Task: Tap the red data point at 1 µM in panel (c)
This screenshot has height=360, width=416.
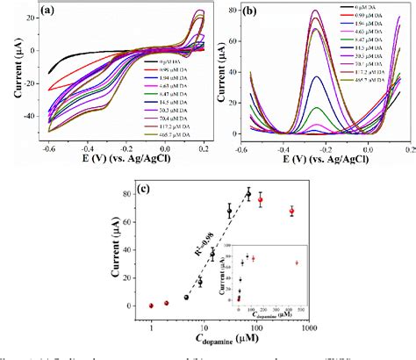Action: coord(151,306)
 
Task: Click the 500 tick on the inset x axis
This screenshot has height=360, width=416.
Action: coord(303,309)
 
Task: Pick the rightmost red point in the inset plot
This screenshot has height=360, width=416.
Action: coord(297,263)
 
